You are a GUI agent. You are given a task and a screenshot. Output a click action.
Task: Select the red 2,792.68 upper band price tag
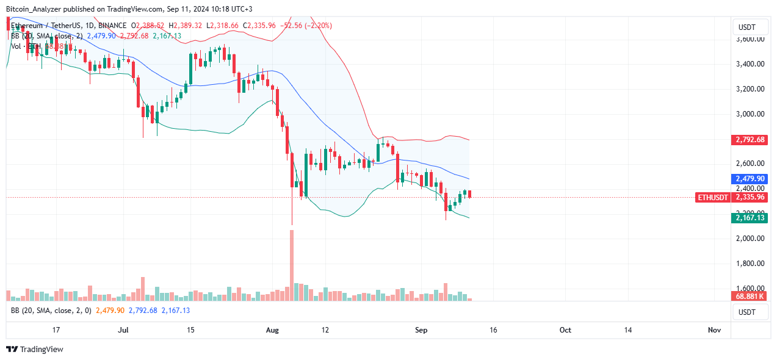coord(750,140)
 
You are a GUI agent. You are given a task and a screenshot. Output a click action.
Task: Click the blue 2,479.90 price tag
coord(750,179)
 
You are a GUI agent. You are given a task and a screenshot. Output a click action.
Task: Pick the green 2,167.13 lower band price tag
coord(750,218)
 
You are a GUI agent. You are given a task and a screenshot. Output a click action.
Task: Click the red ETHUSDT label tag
coord(713,198)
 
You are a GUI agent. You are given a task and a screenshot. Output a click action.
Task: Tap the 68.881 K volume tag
coord(750,296)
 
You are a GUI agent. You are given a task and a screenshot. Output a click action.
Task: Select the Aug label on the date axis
coord(272,330)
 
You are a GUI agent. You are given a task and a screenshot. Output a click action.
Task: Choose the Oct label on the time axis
coord(565,330)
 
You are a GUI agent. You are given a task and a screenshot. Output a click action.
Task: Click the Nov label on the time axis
coord(714,330)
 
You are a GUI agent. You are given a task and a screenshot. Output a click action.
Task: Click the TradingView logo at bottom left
coord(35,350)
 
